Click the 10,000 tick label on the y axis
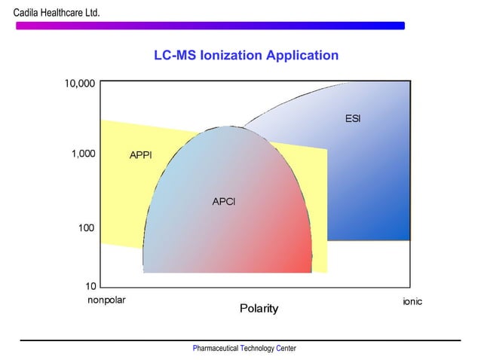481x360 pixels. [x=79, y=84]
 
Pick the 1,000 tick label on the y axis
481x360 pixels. [x=82, y=154]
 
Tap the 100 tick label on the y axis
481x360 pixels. [x=86, y=227]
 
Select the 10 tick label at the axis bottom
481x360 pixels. [x=90, y=286]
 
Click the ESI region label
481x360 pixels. [x=353, y=119]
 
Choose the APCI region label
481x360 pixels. [x=224, y=201]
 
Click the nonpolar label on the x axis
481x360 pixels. [x=106, y=300]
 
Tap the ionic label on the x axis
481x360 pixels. [x=412, y=301]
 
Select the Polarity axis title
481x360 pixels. [x=259, y=309]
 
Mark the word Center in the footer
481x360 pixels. [x=286, y=349]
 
